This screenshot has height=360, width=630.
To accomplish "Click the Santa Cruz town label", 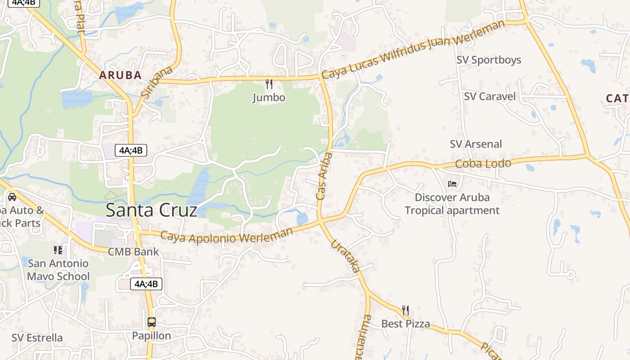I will coord(151,211).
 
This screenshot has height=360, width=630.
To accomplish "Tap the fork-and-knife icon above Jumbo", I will coord(269,84).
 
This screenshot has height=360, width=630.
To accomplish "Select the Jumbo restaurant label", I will coord(269,98).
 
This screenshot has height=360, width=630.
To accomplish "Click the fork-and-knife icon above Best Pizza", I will coord(405,310).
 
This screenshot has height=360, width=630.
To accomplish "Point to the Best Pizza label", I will coord(405,324).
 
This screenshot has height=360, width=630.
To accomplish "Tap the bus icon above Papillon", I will coord(152,322).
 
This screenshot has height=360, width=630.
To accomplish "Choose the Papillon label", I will coord(152,336).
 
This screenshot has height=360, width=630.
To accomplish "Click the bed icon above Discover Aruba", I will coord(452,184).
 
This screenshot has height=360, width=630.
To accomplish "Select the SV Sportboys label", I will coord(489,60).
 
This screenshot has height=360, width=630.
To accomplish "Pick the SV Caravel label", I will coord(490,96).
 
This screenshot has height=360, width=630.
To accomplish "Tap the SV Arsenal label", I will coord(476,144).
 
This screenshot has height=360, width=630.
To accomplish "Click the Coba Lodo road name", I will coord(483,163).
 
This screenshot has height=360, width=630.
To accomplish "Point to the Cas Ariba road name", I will coord(324,176).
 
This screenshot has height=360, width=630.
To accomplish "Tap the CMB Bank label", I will coord(133,252).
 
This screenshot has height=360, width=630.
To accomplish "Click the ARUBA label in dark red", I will coord(121,75).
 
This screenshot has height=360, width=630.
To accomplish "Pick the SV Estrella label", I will coord(37,337).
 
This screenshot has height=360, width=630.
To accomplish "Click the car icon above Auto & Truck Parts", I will coord(12,197).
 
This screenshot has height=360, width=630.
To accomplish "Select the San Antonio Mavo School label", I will coord(58,270).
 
